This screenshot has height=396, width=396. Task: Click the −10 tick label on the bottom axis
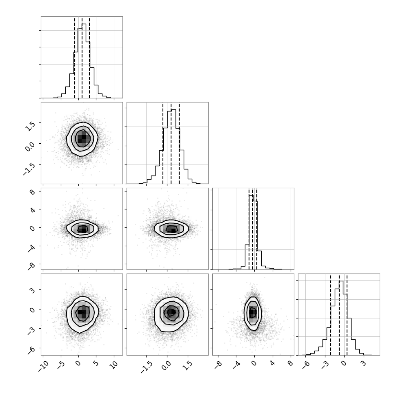coord(43,367)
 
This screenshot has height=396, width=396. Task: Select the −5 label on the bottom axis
coord(61,365)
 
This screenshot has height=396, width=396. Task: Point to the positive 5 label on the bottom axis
coord(96,364)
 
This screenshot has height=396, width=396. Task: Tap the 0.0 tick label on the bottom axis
coord(166,366)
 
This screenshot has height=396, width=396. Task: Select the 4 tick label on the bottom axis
coord(272,364)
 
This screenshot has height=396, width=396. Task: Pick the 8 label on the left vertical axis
coord(32,192)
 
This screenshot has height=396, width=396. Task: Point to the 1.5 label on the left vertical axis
coord(30,125)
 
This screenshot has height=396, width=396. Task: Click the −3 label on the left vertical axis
coord(31,331)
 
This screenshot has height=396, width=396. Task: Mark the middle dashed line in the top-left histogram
coord(82,58)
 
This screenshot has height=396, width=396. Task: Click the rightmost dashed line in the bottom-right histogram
coord(347,315)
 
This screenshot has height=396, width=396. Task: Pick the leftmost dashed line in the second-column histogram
coord(163,143)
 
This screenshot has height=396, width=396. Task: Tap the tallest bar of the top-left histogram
coord(84,60)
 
